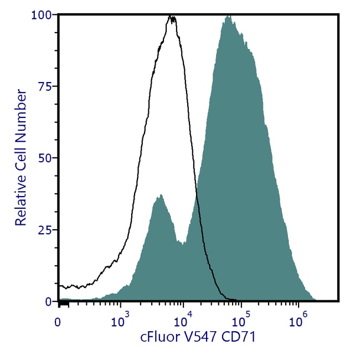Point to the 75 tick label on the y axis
pos(47,86)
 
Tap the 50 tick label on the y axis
pos(47,158)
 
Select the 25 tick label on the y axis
pos(47,230)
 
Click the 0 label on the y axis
pos(49,302)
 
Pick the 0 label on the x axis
pos(58,321)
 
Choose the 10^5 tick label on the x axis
pos(240,320)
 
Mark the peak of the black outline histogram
pos(172,17)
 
